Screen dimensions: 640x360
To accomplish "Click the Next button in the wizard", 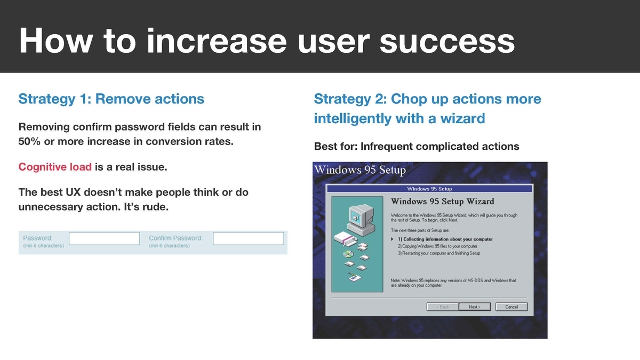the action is point(475,307).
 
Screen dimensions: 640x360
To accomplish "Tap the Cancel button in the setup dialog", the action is point(511,307).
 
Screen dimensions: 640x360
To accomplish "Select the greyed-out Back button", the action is point(443,307).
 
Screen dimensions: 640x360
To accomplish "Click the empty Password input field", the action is point(105,238).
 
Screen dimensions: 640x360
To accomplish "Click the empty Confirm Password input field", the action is point(249,238).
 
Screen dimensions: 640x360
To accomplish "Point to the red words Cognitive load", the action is point(55,167).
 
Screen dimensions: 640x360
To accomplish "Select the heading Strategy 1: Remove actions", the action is point(111,99).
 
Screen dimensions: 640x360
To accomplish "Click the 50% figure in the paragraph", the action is point(29,141).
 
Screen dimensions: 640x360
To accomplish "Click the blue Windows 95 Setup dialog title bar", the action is point(429,189).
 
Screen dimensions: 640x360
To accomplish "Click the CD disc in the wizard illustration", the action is point(348,254).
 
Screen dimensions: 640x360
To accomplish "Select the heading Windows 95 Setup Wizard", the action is point(442,202).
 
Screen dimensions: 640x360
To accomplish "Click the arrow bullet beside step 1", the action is point(393,239).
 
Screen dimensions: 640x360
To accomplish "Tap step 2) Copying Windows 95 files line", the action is point(437,246).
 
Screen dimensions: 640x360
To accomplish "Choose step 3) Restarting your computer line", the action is point(439,253).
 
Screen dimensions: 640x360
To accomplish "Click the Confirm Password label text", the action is point(175,238).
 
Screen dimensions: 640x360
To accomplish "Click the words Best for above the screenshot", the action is point(336,146).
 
